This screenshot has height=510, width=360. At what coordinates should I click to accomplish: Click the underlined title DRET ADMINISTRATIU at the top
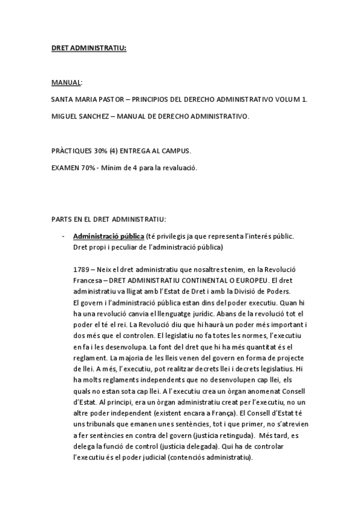[88, 49]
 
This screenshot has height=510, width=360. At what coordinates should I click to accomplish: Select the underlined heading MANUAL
[66, 82]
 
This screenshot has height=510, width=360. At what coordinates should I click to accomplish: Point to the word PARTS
[61, 217]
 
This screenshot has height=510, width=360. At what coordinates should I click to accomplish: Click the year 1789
[80, 271]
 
